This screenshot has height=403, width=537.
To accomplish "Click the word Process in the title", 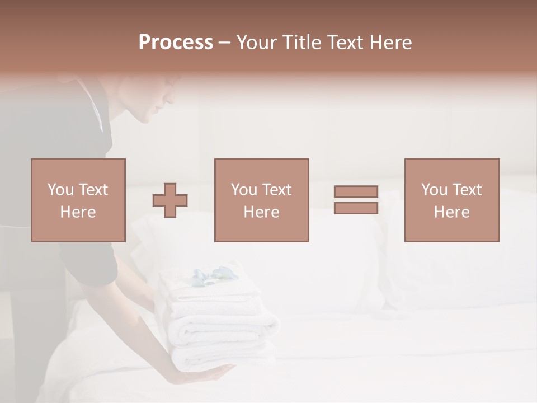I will [x=176, y=43].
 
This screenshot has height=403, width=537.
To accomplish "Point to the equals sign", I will [x=356, y=200].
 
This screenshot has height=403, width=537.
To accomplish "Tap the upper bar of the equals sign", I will [x=356, y=192].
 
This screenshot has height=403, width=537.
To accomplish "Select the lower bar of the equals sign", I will [x=356, y=208].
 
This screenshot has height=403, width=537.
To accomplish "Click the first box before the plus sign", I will [x=78, y=200].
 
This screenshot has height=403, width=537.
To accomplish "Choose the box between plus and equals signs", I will [x=262, y=200].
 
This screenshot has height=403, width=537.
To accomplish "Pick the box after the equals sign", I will [x=452, y=200].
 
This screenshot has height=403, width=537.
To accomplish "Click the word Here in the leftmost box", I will [x=78, y=212].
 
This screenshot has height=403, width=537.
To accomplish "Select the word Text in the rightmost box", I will [x=467, y=190].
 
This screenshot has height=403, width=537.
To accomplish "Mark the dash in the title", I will [x=225, y=43].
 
